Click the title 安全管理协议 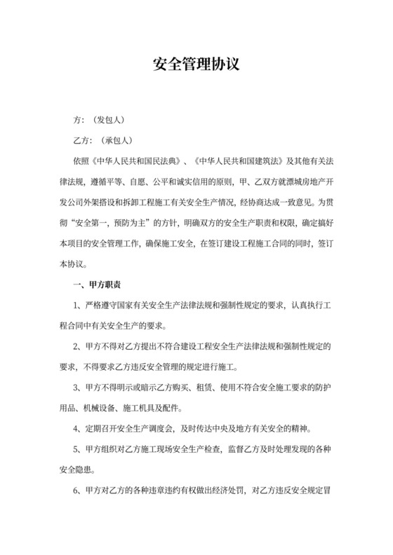196,65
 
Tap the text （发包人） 108,120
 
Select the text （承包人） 117,140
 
